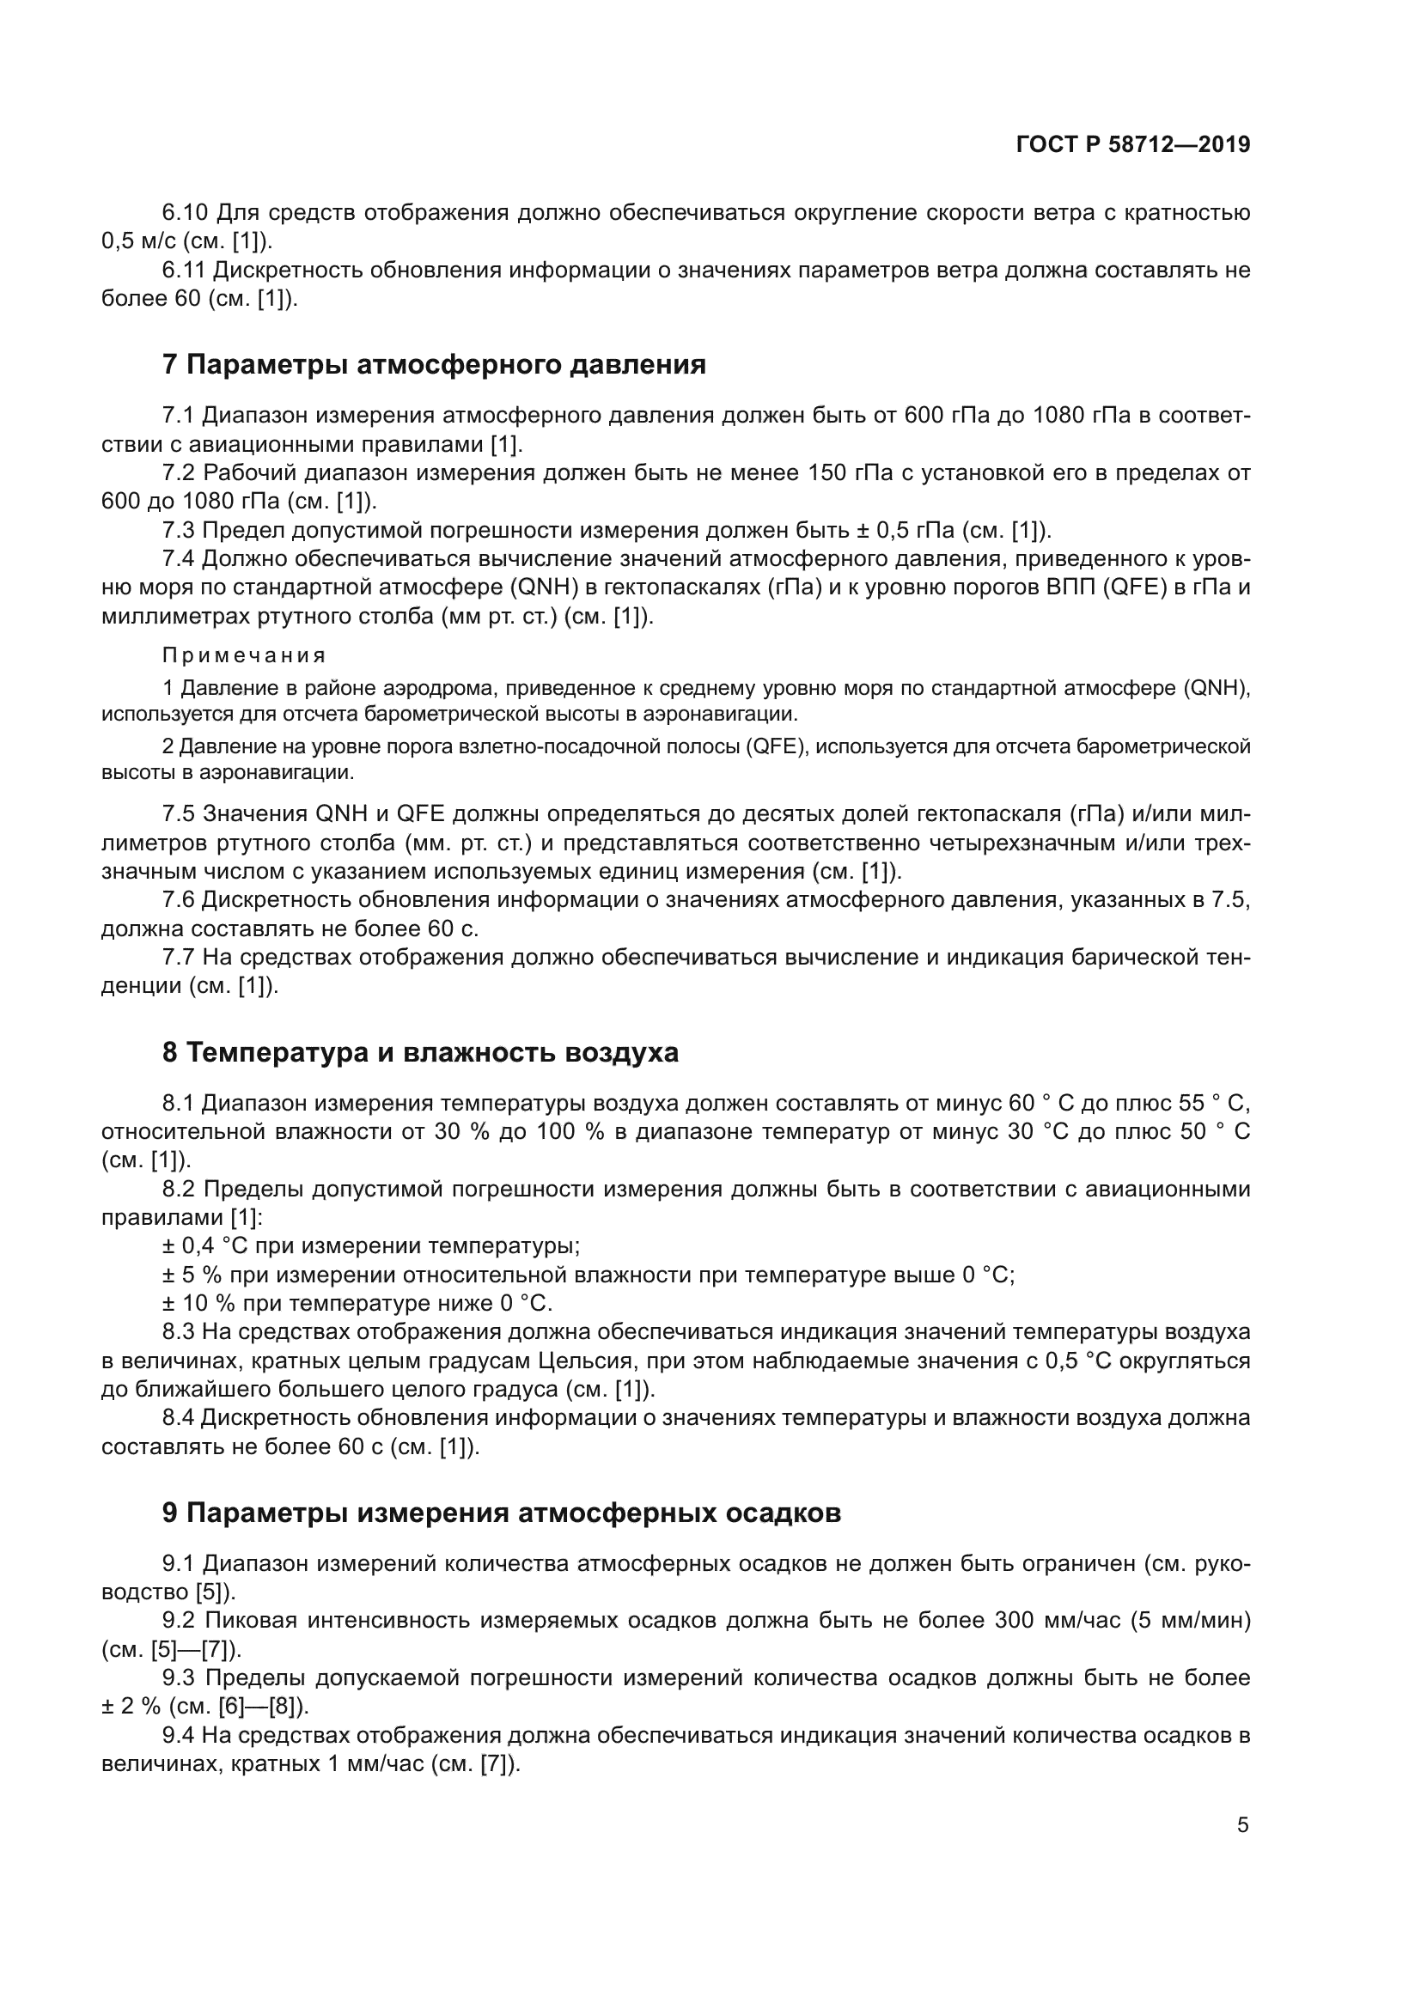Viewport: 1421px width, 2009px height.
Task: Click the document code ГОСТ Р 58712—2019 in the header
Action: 1133,144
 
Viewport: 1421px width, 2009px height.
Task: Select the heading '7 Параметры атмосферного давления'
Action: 434,364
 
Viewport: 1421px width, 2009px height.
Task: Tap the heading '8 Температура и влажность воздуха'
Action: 420,1052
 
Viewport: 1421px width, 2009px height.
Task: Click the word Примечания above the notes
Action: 244,655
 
